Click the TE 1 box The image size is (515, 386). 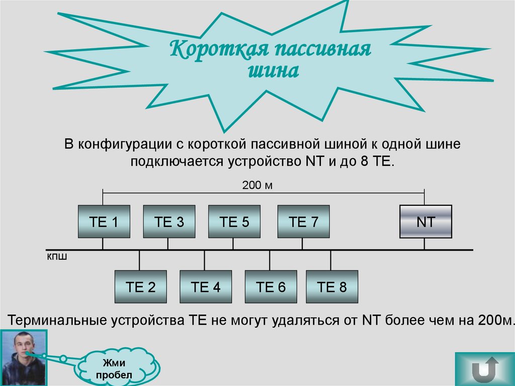coord(104,221)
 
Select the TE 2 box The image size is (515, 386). coord(140,287)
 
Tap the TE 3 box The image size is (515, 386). coord(169,221)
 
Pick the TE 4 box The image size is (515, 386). coord(206,287)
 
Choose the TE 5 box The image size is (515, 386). coord(234,221)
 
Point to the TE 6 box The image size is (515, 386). coord(271,287)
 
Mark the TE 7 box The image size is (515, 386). coord(303,221)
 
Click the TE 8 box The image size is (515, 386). coord(332,287)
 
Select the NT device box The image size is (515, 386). coord(425,221)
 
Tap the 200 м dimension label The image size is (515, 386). coord(257,186)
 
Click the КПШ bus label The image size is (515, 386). coord(57,257)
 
